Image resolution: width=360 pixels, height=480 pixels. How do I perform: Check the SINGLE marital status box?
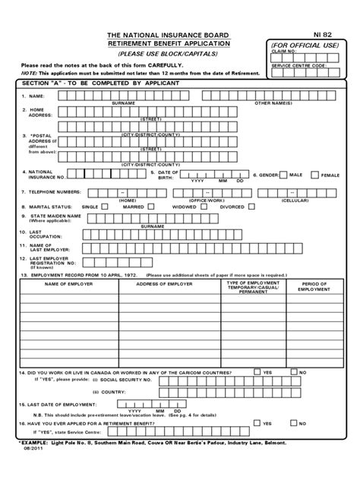click(x=105, y=205)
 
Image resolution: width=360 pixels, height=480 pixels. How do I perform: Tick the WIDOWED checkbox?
click(x=202, y=205)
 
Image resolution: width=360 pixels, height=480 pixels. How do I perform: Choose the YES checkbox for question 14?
click(x=257, y=374)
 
